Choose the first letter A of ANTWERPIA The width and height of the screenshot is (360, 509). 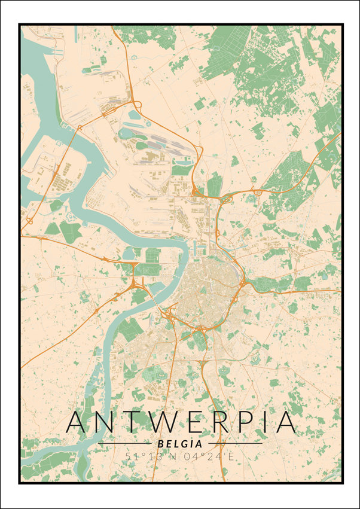79,422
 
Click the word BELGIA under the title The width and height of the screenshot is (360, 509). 180,444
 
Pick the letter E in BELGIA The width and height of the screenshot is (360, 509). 169,444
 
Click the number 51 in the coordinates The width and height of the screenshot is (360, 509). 132,456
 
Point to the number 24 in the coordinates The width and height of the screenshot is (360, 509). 206,456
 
